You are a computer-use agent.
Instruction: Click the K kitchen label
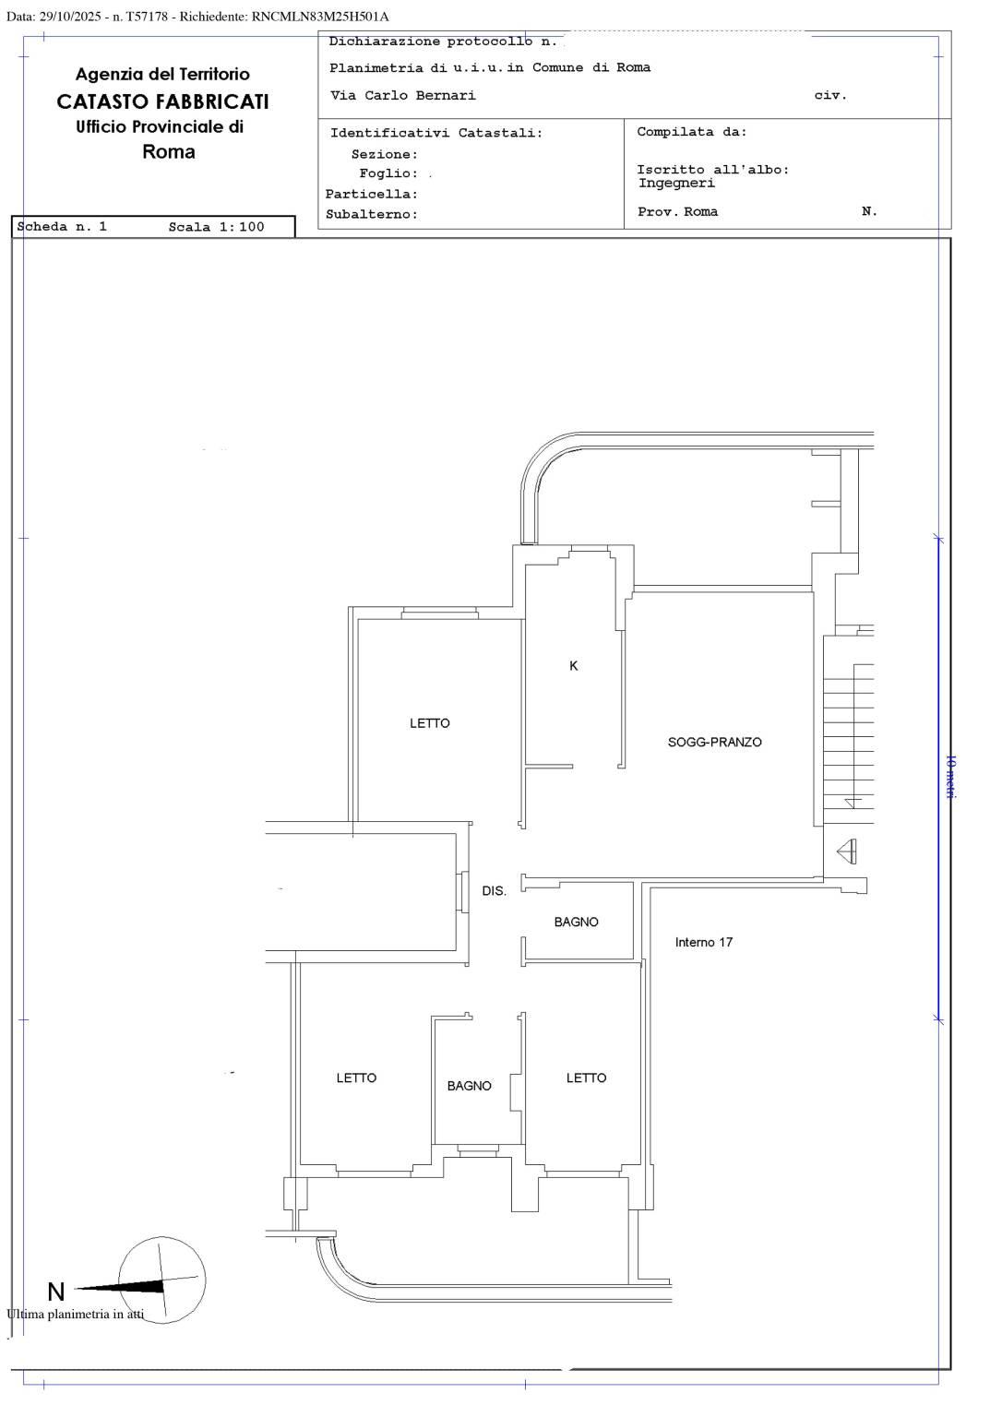point(573,665)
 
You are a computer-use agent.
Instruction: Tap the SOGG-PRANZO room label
point(714,742)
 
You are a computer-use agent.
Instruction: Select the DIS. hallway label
point(494,890)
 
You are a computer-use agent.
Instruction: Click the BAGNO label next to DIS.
point(576,922)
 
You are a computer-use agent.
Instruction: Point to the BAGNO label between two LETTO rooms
point(469,1086)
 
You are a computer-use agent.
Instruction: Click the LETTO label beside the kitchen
point(430,723)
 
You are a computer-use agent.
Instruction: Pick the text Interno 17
point(703,942)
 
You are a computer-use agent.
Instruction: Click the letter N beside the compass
point(55,1292)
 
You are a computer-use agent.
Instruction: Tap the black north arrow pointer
point(120,1287)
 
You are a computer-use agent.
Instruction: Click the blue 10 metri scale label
point(950,776)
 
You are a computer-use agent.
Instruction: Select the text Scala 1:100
point(216,227)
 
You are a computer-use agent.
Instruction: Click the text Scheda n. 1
point(62,226)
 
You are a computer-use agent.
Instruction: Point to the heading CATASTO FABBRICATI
point(162,101)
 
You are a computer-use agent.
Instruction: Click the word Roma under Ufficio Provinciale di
point(168,152)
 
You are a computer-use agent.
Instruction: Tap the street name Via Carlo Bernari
point(403,96)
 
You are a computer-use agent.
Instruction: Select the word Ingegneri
point(677,184)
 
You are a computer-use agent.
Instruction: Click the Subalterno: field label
point(372,214)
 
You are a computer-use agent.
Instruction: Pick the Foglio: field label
point(388,173)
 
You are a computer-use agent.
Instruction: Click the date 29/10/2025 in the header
point(70,18)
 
